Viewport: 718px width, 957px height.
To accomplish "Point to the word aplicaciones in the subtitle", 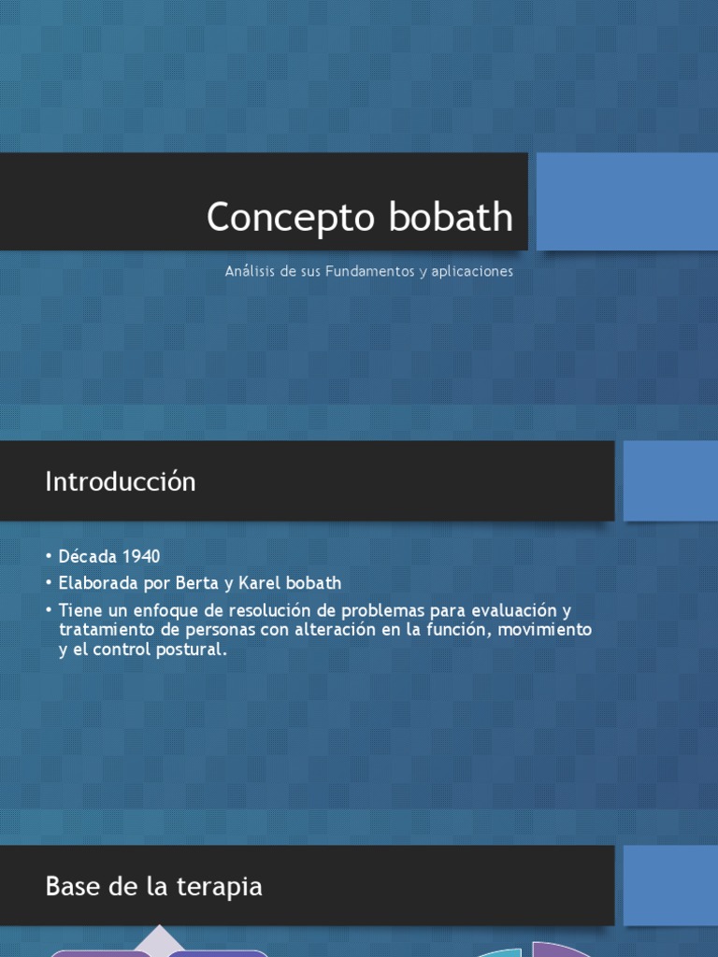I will (x=472, y=272).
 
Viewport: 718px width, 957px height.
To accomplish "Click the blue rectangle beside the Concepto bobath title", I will (x=626, y=202).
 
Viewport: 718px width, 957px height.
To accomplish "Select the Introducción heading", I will (x=121, y=482).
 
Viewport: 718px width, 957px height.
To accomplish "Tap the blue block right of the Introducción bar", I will (x=669, y=480).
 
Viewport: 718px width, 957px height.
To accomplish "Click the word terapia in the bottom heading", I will (x=222, y=886).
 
